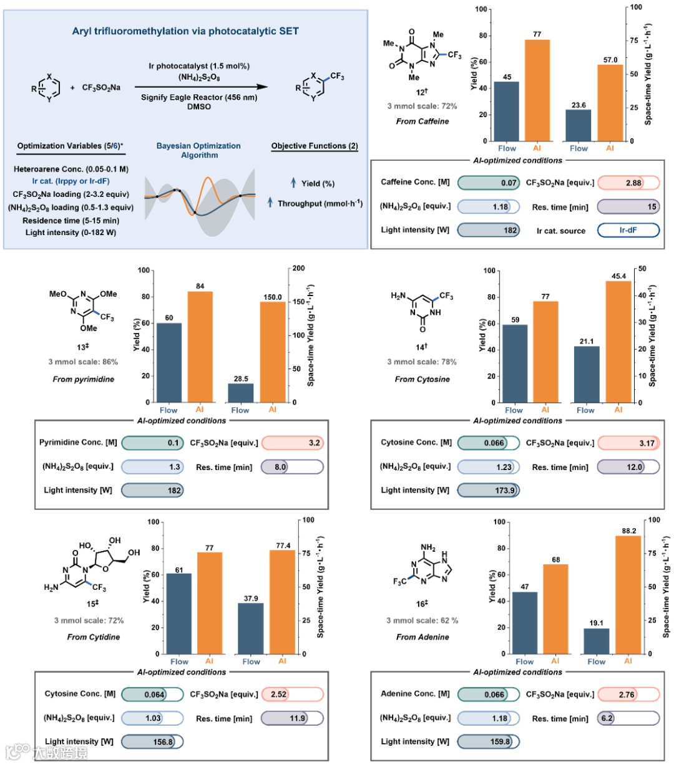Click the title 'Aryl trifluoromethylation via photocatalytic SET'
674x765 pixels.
185,31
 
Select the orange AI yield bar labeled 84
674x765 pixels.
199,347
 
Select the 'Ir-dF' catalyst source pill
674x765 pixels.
628,230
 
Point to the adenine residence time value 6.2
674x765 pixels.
607,718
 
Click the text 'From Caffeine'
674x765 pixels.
422,122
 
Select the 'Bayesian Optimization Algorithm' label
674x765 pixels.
198,150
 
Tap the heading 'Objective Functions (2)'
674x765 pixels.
315,146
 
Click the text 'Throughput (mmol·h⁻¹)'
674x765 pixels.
320,204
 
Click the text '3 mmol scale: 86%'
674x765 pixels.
83,362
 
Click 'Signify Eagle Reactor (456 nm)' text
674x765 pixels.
198,97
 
